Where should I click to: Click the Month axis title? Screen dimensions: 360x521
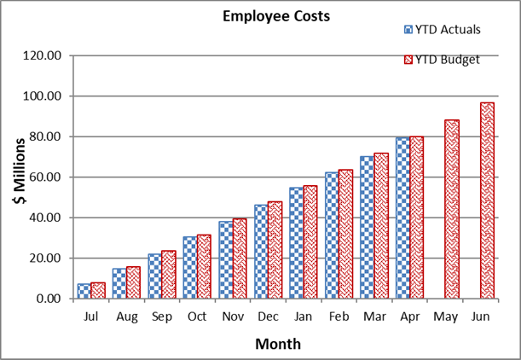[x=277, y=344]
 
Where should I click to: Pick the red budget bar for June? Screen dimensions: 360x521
[x=487, y=200]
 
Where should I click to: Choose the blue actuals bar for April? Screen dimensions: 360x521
[x=402, y=218]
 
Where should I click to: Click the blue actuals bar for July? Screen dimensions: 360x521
[x=84, y=291]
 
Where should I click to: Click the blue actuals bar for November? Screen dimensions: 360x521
[x=225, y=260]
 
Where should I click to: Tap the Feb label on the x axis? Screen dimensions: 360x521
[x=339, y=316]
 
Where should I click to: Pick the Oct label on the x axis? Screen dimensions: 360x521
[x=197, y=316]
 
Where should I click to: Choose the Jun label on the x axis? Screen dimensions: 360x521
[x=480, y=316]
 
